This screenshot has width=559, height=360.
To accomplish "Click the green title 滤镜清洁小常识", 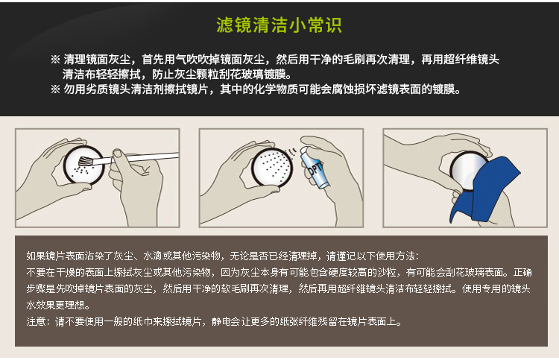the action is pyautogui.click(x=279, y=25).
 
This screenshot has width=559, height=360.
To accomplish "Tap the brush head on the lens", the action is pyautogui.click(x=85, y=162).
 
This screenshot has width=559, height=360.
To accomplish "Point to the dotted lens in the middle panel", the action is pyautogui.click(x=272, y=167).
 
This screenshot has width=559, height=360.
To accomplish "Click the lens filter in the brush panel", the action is pyautogui.click(x=84, y=165).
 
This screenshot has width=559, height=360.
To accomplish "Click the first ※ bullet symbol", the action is pyautogui.click(x=55, y=59).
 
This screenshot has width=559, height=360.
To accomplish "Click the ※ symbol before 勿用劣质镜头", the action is pyautogui.click(x=55, y=89).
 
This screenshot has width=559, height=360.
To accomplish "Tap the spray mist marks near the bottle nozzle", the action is pyautogui.click(x=293, y=151).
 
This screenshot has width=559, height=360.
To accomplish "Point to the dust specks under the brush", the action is pyautogui.click(x=81, y=171).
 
